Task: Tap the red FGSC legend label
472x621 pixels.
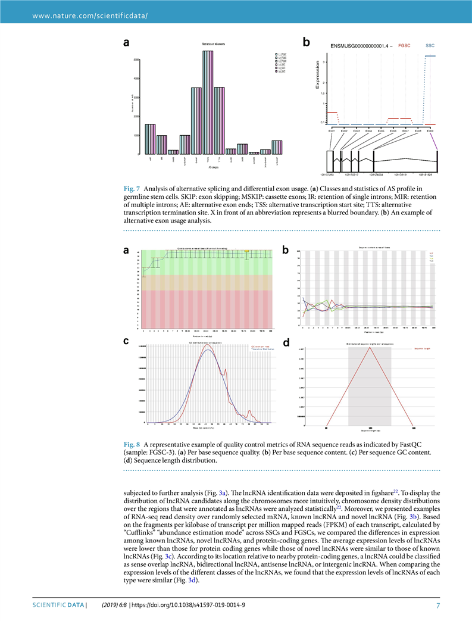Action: (404, 45)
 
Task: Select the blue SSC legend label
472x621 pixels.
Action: (430, 45)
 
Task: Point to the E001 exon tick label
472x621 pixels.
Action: (332, 130)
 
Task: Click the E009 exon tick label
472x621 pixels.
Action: (430, 130)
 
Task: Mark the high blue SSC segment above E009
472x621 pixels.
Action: (430, 56)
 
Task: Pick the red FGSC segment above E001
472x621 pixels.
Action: (332, 112)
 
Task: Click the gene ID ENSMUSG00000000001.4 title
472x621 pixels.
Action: (360, 46)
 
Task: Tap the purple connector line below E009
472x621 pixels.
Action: (435, 141)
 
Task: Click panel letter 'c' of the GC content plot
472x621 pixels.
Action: (126, 342)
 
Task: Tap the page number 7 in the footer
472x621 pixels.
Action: (437, 605)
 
